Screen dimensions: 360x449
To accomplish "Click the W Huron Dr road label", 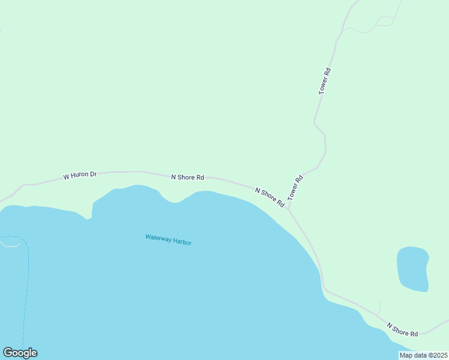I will [80, 176].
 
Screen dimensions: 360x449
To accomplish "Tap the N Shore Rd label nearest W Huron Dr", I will [187, 177].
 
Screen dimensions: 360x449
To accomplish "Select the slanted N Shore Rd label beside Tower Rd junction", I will [270, 197].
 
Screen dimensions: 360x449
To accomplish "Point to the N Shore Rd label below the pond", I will [402, 329].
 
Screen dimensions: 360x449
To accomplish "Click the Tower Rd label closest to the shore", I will [295, 188].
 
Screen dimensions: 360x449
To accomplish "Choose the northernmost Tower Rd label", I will [325, 81].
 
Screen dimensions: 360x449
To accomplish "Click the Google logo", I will [20, 353].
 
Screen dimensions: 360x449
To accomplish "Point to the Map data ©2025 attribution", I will [423, 355].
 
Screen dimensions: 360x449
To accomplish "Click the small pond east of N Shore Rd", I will [412, 268].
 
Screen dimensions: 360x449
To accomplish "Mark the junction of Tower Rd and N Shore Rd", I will [289, 210].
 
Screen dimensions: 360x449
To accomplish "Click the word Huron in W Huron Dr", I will [80, 175].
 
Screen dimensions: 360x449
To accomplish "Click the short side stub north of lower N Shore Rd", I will [379, 306].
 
